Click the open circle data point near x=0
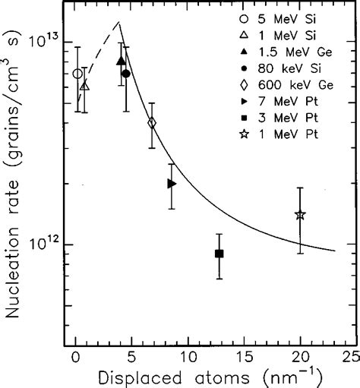tap(77, 74)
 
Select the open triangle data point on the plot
tap(84, 86)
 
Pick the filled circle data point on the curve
tap(126, 74)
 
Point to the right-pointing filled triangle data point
tap(172, 184)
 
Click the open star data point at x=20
tap(300, 215)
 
